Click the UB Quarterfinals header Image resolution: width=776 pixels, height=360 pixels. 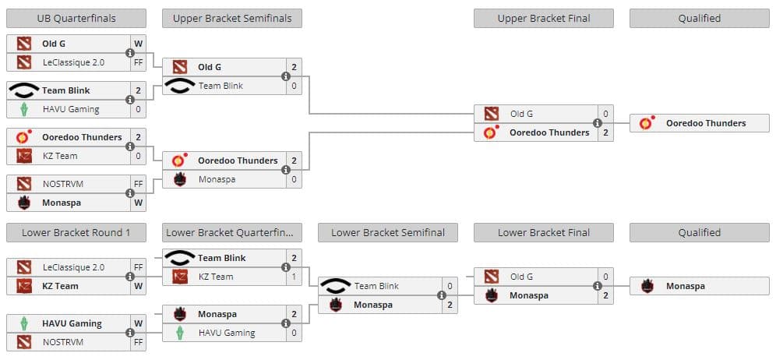(x=76, y=18)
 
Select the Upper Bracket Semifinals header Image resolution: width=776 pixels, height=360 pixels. (x=231, y=18)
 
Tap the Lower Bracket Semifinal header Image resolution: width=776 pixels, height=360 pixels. (x=387, y=232)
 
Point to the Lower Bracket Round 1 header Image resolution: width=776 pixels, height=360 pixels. (x=76, y=232)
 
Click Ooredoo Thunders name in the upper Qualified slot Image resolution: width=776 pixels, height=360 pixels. (x=706, y=123)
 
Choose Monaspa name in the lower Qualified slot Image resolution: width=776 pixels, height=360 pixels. (x=686, y=286)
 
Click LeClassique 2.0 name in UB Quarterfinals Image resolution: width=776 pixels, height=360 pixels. (x=73, y=62)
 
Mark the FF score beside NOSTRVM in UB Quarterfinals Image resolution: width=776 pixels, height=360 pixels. (x=138, y=184)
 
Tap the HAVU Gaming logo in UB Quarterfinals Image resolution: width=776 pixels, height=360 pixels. (x=24, y=109)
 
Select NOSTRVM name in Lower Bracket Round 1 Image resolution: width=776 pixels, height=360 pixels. (x=62, y=342)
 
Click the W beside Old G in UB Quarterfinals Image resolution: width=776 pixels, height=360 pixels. (x=138, y=44)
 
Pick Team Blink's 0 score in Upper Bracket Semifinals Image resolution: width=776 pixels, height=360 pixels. (x=294, y=86)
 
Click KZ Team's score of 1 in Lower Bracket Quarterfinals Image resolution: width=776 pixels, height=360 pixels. (x=294, y=277)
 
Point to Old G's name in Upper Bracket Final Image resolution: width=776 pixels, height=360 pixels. (x=521, y=114)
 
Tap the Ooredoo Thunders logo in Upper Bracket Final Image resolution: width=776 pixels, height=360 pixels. (x=491, y=132)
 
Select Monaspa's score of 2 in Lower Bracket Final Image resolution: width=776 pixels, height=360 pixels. (x=605, y=295)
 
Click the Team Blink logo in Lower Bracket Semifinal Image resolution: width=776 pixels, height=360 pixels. (x=335, y=286)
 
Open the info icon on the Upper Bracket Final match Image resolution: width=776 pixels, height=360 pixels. (x=598, y=123)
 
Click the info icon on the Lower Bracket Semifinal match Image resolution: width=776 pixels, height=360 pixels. (x=442, y=295)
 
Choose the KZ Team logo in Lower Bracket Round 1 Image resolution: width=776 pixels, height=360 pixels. (x=24, y=286)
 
